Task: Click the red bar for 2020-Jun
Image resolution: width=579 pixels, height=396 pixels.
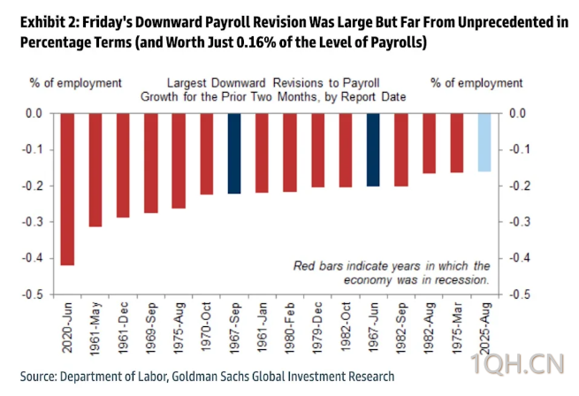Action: click(67, 189)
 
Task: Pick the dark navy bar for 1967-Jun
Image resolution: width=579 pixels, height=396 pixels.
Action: click(373, 149)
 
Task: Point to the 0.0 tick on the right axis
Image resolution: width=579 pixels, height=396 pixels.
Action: click(520, 113)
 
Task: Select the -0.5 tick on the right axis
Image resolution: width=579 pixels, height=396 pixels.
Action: click(520, 294)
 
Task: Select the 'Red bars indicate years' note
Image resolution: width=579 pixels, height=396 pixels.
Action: click(392, 265)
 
